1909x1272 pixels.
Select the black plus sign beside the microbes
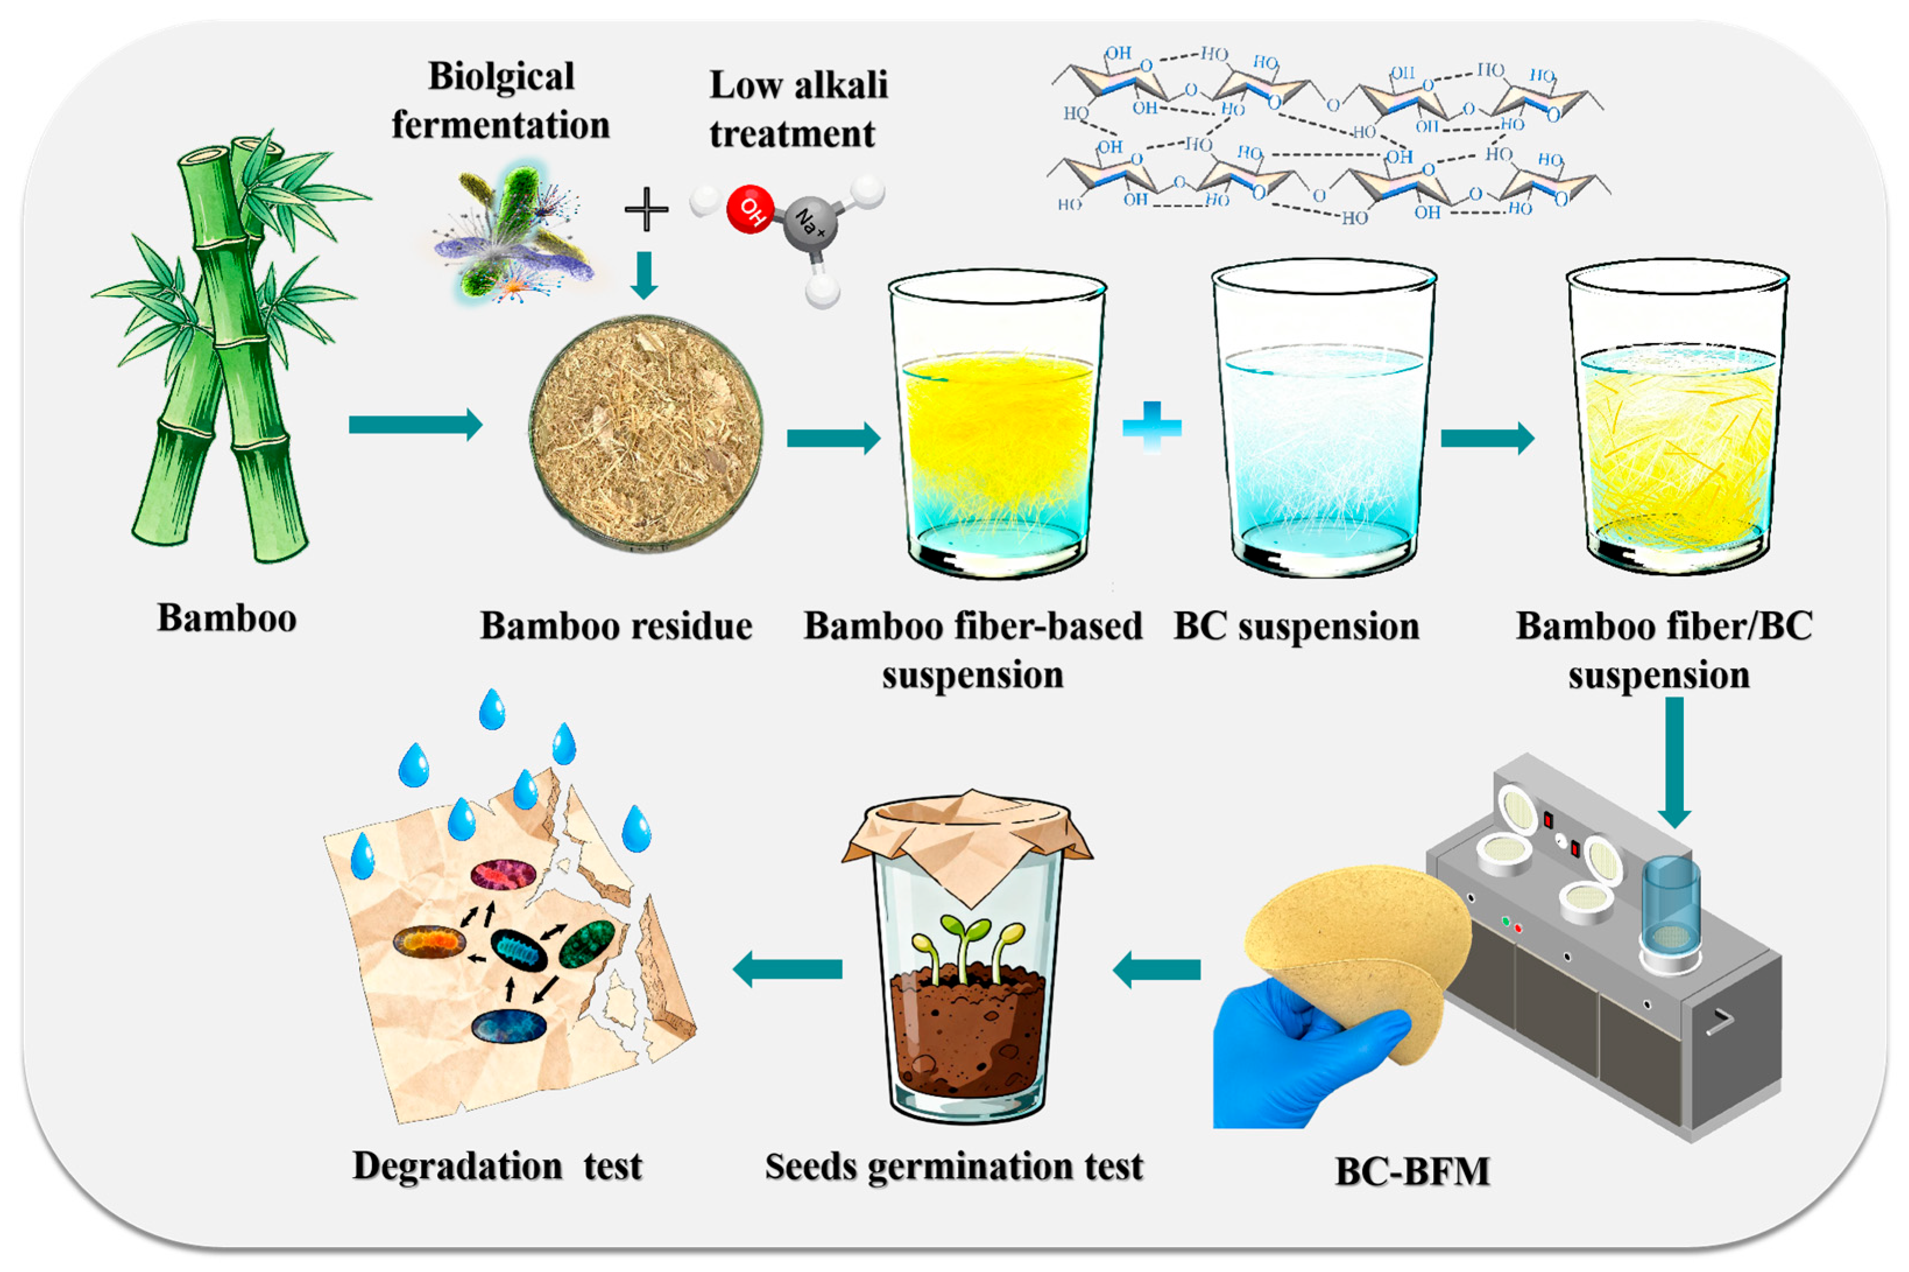click(x=646, y=209)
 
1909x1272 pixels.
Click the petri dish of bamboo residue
click(x=646, y=434)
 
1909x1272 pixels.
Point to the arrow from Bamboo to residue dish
click(x=415, y=424)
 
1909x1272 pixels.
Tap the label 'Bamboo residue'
click(x=617, y=626)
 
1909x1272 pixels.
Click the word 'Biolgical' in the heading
click(x=501, y=77)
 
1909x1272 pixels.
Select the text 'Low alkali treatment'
click(x=798, y=109)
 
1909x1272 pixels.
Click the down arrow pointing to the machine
click(x=1674, y=762)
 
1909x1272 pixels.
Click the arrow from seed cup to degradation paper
click(x=787, y=969)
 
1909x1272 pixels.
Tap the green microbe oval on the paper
click(x=587, y=944)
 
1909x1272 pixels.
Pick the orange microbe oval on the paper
click(x=429, y=942)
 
